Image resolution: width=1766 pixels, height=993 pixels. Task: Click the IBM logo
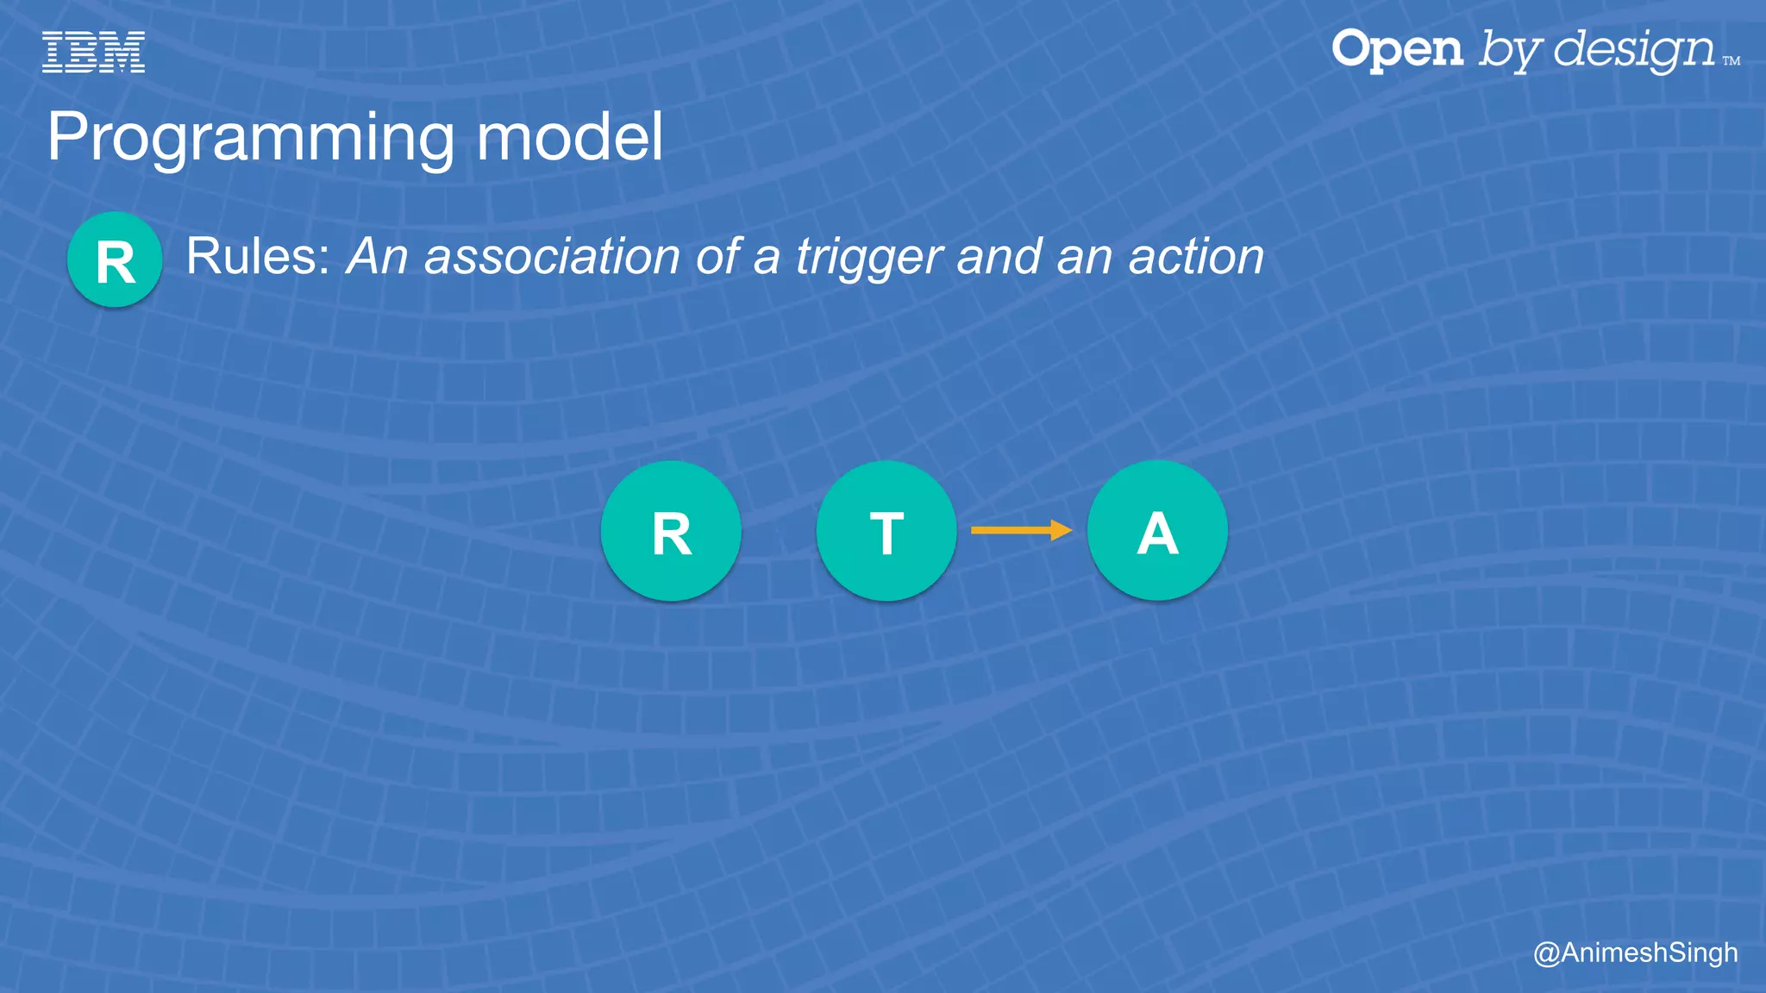[93, 52]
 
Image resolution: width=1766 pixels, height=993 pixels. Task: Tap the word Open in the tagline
[1397, 50]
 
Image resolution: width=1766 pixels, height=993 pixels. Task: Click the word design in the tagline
[1634, 50]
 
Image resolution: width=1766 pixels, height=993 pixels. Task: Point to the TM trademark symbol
[1731, 61]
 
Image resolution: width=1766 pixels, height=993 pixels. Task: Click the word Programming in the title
[250, 138]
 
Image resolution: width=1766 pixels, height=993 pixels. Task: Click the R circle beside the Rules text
[115, 259]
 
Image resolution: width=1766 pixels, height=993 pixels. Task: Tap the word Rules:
[259, 257]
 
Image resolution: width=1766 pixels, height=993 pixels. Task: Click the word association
[552, 257]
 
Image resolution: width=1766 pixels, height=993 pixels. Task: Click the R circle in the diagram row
[671, 531]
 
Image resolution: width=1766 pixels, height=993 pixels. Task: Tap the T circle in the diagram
[886, 531]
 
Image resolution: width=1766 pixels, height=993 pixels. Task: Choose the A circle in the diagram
[1157, 531]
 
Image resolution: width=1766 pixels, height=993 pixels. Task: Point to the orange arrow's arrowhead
[1062, 530]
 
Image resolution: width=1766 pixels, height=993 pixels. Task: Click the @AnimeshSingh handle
[1635, 952]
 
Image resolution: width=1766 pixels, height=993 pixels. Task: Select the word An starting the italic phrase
[377, 257]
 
